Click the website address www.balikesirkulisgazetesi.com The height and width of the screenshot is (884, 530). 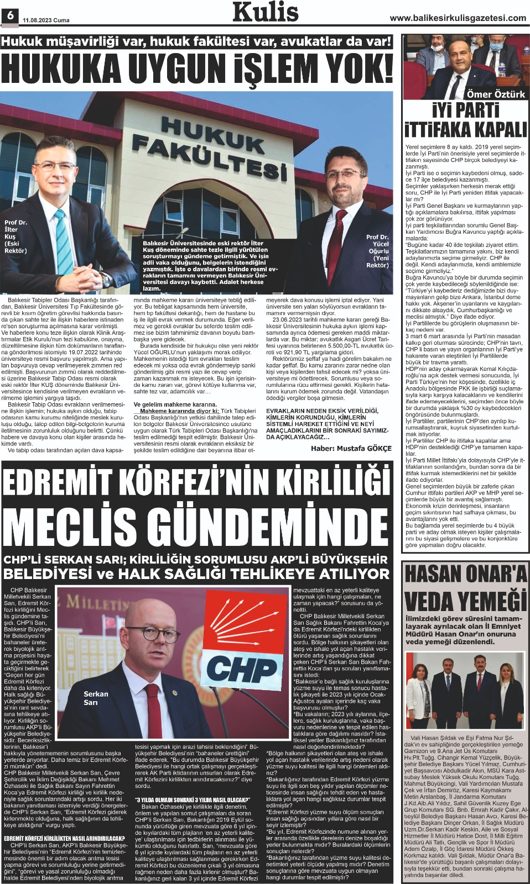click(x=458, y=18)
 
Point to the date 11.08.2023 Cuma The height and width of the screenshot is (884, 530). click(x=46, y=20)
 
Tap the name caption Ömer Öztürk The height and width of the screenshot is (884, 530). click(x=495, y=94)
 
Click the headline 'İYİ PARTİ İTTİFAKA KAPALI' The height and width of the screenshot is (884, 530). click(x=465, y=119)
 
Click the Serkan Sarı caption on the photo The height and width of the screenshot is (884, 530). click(x=95, y=698)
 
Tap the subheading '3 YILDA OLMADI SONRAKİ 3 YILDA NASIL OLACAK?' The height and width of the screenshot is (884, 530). click(x=193, y=799)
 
